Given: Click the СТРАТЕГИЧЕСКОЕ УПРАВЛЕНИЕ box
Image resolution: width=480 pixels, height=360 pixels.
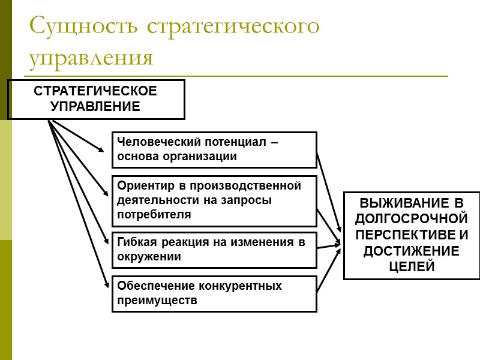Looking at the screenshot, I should pyautogui.click(x=95, y=100).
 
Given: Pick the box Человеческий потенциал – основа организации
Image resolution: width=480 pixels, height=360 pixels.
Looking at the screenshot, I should pyautogui.click(x=214, y=150).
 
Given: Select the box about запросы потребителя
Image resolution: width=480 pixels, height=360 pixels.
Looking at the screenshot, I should pyautogui.click(x=214, y=201).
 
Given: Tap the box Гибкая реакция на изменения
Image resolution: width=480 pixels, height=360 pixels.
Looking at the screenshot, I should pyautogui.click(x=214, y=250).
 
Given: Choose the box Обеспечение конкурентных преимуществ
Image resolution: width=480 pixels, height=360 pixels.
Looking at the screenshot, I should pyautogui.click(x=214, y=293).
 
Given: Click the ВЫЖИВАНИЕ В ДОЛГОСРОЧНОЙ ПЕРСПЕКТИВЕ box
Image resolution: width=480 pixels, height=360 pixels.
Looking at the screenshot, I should pyautogui.click(x=412, y=235).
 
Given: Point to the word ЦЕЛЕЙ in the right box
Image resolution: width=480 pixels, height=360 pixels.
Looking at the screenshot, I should pyautogui.click(x=412, y=267).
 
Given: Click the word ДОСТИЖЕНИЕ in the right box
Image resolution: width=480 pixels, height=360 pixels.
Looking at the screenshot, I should pyautogui.click(x=412, y=251).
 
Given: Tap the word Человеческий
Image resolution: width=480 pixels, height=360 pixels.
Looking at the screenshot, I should pyautogui.click(x=152, y=143).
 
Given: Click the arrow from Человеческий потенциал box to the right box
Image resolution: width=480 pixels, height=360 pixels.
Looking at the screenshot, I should pyautogui.click(x=329, y=192).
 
